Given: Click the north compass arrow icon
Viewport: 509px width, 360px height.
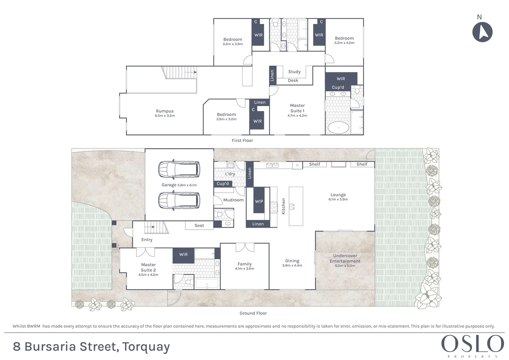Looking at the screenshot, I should tap(482, 32).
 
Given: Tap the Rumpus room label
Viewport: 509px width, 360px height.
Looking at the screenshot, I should tap(165, 111).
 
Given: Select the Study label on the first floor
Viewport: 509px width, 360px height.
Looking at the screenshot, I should tap(294, 72).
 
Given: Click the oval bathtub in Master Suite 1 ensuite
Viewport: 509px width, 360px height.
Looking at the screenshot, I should tap(338, 128).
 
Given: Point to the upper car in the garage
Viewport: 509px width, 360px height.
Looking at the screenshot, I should tap(179, 170).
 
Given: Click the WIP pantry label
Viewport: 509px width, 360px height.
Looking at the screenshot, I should tap(259, 201).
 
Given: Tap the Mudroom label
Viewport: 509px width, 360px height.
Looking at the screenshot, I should tap(233, 200).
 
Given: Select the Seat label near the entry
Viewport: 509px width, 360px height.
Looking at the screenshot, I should tap(199, 226).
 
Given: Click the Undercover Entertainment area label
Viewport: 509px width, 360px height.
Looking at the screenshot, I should tap(345, 258).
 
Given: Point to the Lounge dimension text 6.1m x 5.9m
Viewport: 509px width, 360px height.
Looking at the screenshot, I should tap(338, 199).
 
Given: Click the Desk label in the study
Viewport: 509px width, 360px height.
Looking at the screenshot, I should tap(293, 80).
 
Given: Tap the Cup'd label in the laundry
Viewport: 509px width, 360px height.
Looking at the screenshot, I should tap(223, 184).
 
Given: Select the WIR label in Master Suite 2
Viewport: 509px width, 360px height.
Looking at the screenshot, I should tap(183, 254).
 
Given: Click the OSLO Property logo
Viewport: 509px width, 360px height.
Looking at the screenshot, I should tap(472, 345).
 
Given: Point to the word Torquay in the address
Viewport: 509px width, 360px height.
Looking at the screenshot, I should tap(146, 347).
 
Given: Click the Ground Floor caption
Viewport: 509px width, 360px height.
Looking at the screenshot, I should tap(253, 313).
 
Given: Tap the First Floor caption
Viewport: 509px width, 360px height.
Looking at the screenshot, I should tap(242, 140).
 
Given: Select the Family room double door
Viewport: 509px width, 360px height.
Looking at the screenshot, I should tap(245, 248).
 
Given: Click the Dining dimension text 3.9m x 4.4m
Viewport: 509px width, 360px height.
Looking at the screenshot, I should tap(292, 266).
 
